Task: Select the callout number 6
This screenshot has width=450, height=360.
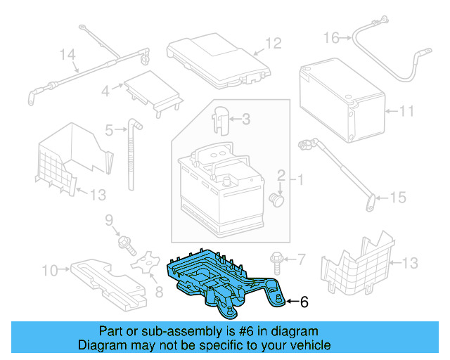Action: (304, 302)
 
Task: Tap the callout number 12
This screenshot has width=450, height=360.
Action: (273, 44)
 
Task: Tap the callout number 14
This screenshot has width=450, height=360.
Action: (67, 54)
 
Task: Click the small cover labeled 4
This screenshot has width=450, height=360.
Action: (151, 90)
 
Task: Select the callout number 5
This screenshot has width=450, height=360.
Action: (109, 130)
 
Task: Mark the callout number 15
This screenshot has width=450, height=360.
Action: (398, 198)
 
